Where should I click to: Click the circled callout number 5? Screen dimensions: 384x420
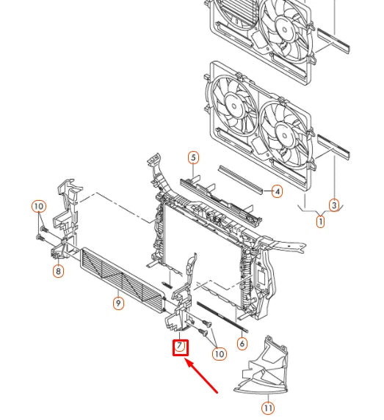(x=193, y=158)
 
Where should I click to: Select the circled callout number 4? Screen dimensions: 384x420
(x=277, y=191)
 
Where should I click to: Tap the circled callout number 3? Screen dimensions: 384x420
(x=334, y=205)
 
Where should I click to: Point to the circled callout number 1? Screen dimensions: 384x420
(x=320, y=222)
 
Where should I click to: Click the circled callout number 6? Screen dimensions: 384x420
(x=242, y=344)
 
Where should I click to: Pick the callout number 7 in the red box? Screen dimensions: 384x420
(x=180, y=347)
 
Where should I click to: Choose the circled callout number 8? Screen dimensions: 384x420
(x=58, y=271)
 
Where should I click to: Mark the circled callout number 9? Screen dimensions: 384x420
(x=118, y=303)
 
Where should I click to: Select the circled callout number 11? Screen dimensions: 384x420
(x=268, y=408)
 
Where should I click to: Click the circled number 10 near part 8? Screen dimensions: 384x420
(x=39, y=206)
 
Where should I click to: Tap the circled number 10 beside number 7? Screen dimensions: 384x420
(x=220, y=354)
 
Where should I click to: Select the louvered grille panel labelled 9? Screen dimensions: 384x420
(x=123, y=280)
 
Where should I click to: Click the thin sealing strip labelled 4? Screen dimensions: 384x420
(x=240, y=180)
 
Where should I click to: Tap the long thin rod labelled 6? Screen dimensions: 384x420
(x=222, y=317)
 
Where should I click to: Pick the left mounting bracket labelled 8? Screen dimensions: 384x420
(x=66, y=219)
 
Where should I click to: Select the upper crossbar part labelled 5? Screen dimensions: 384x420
(x=220, y=200)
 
